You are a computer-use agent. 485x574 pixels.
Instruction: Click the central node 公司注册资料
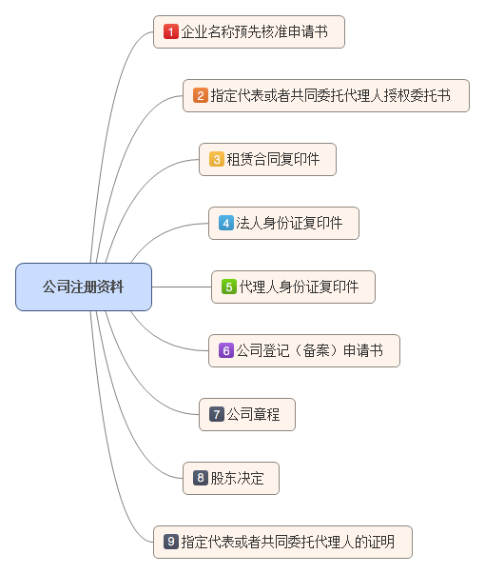click(x=84, y=287)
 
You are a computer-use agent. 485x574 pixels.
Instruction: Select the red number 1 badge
click(x=171, y=31)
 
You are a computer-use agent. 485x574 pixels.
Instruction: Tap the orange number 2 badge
click(x=201, y=95)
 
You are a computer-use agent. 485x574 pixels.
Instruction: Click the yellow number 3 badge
click(x=217, y=159)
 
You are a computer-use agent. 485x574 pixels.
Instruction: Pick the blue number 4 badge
click(x=226, y=223)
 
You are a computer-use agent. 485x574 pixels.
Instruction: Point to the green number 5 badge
click(x=229, y=287)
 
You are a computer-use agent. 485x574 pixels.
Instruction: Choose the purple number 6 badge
click(x=226, y=350)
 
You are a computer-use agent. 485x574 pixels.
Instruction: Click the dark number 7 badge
click(x=217, y=414)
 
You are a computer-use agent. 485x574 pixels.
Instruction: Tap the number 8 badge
click(x=201, y=478)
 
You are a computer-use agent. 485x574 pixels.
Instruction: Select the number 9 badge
click(x=171, y=542)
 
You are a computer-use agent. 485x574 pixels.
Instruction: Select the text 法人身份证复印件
click(x=289, y=223)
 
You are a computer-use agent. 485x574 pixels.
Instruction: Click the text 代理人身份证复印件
click(x=299, y=287)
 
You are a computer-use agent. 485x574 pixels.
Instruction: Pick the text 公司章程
click(x=254, y=414)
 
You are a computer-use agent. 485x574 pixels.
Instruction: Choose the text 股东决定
click(x=238, y=478)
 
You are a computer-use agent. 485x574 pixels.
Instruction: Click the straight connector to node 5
click(x=181, y=287)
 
